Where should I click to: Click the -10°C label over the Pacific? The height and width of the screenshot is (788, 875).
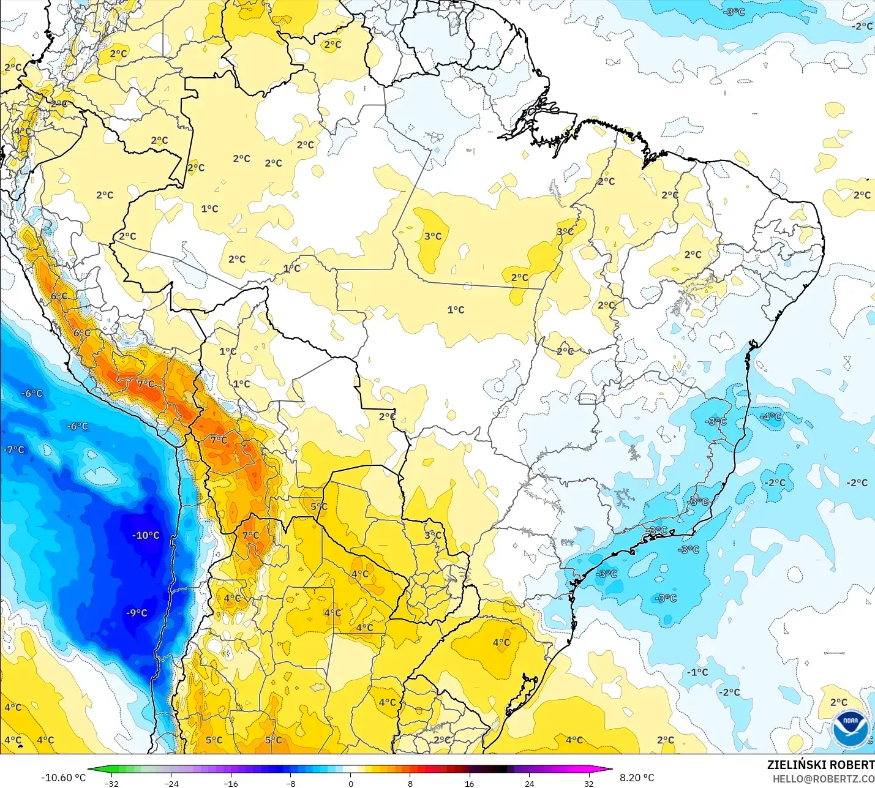(x=146, y=535)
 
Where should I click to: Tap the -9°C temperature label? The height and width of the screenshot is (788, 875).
(x=137, y=613)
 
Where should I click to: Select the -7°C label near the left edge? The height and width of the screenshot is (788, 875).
(x=14, y=449)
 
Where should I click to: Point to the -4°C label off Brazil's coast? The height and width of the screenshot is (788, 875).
(x=770, y=416)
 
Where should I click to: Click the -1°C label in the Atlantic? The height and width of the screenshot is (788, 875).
(x=697, y=672)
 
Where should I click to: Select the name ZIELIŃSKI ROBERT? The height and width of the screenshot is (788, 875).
(x=821, y=765)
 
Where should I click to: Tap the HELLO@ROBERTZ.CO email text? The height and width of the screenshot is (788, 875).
(x=823, y=779)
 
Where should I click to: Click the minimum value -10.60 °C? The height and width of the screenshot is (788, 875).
(x=64, y=778)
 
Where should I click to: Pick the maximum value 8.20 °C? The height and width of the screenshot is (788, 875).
(x=637, y=778)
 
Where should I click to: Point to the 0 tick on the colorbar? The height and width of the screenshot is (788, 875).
(x=350, y=783)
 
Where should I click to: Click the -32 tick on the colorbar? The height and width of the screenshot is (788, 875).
(x=111, y=783)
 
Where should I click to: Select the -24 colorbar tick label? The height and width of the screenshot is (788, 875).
(x=171, y=783)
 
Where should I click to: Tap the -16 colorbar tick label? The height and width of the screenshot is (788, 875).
(x=230, y=783)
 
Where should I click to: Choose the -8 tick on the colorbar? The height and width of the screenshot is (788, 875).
(x=290, y=783)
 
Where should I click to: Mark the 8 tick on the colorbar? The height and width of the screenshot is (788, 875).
(x=410, y=783)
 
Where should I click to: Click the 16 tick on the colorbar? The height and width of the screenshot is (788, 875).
(x=470, y=783)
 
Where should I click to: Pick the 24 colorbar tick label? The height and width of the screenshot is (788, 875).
(x=530, y=783)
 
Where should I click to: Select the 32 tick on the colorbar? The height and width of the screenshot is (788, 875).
(x=589, y=783)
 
